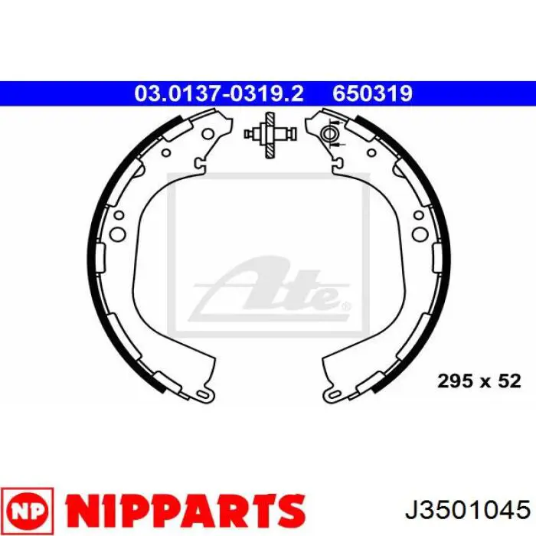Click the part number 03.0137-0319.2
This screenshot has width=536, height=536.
[219, 93]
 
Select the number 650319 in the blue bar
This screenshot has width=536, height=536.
[373, 93]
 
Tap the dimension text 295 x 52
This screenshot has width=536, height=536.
[479, 381]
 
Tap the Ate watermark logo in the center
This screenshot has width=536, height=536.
[270, 289]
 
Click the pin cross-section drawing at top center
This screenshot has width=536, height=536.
[270, 135]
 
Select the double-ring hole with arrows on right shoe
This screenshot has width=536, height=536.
[329, 134]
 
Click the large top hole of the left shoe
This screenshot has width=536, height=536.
[208, 134]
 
